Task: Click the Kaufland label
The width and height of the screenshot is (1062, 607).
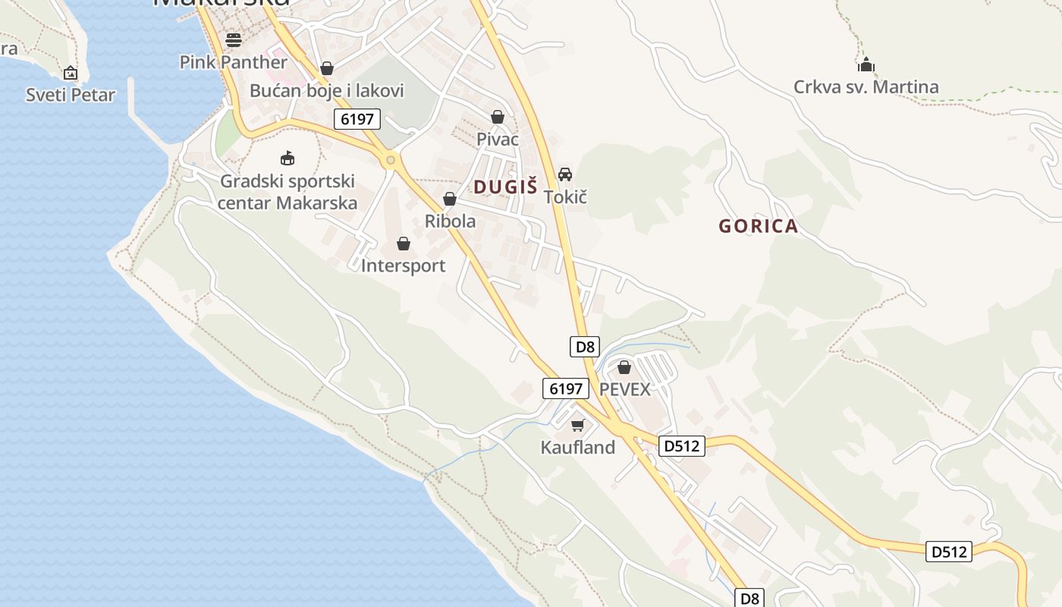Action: (577, 448)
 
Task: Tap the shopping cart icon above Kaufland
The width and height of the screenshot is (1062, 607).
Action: (578, 425)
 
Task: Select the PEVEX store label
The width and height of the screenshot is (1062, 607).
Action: (624, 389)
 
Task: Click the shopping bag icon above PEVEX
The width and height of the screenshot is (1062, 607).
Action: (624, 367)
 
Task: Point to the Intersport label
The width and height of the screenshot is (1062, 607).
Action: (403, 266)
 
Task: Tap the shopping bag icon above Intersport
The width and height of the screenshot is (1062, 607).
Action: (404, 244)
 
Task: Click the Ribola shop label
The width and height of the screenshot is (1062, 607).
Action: (450, 221)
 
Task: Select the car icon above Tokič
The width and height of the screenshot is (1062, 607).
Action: (565, 175)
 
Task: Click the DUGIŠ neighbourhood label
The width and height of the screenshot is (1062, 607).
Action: (505, 187)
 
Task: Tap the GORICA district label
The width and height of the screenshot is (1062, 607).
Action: (758, 226)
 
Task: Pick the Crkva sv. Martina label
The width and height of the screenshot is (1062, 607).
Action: (866, 86)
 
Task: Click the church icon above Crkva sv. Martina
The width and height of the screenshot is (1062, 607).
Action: (866, 64)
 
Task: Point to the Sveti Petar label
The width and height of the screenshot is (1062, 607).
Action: (71, 95)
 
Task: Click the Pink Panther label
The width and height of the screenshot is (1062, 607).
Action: (233, 61)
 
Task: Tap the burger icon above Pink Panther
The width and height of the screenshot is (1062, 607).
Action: (234, 39)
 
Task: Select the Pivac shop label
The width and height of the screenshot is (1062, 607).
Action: (498, 139)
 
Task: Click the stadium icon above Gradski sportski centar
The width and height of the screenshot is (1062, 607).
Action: (287, 159)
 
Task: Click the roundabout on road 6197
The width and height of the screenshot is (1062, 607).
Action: (391, 160)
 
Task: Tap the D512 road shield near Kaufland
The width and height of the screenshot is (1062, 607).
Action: (681, 446)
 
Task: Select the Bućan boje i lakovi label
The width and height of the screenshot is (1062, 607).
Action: (326, 91)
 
